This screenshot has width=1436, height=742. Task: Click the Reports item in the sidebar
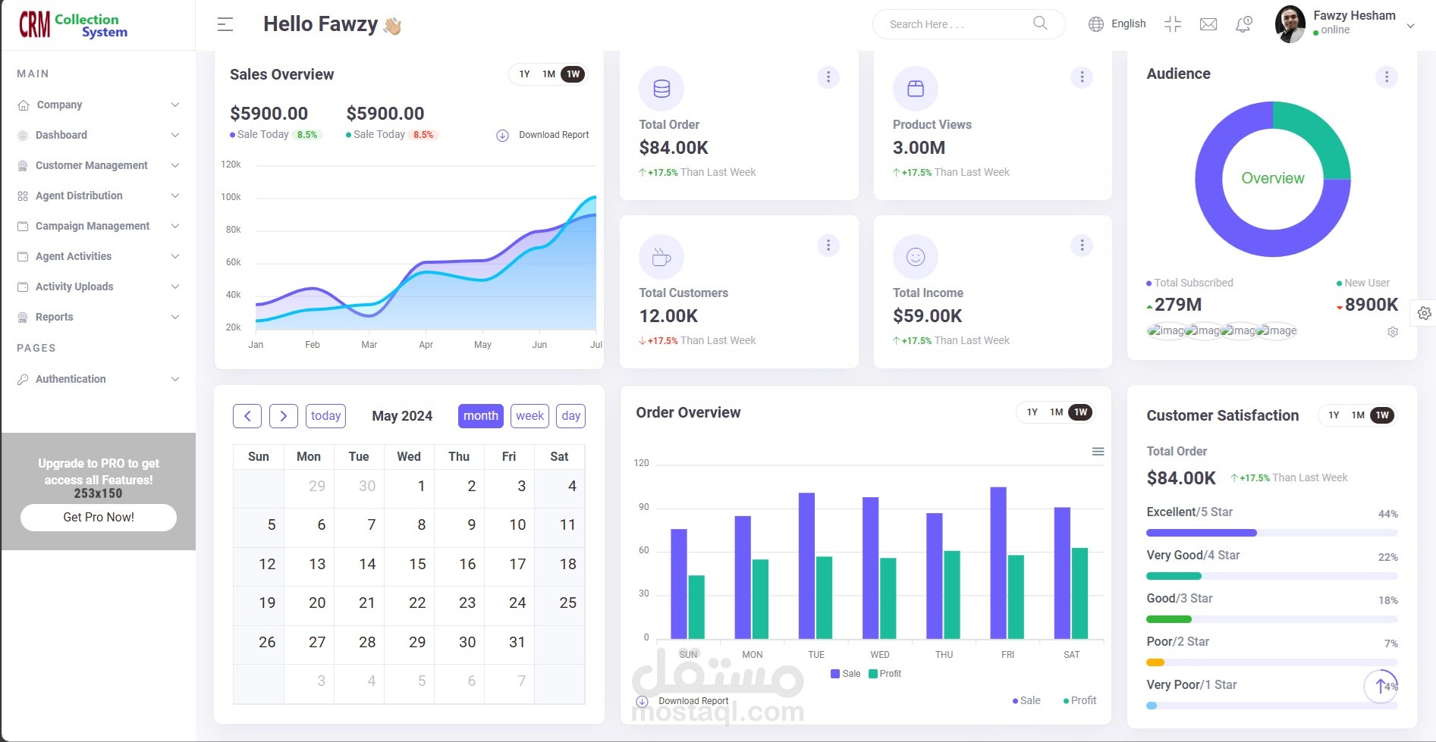pyautogui.click(x=55, y=317)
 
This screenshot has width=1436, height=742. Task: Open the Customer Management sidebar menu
pyautogui.click(x=91, y=165)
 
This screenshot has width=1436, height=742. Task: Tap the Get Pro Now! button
pyautogui.click(x=99, y=517)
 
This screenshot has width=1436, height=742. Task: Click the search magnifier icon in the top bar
pyautogui.click(x=1040, y=23)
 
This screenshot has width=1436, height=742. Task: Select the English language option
pyautogui.click(x=1127, y=23)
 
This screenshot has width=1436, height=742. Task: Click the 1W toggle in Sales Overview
pyautogui.click(x=573, y=74)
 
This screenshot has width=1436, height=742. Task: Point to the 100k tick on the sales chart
pyautogui.click(x=231, y=197)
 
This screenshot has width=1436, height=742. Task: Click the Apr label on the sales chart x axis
pyautogui.click(x=426, y=345)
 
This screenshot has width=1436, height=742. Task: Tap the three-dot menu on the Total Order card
pyautogui.click(x=828, y=77)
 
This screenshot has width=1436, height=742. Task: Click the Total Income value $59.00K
pyautogui.click(x=927, y=316)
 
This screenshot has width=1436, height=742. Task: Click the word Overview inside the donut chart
pyautogui.click(x=1272, y=178)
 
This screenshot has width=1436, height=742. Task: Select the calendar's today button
pyautogui.click(x=325, y=415)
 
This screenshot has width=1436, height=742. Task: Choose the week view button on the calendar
pyautogui.click(x=529, y=415)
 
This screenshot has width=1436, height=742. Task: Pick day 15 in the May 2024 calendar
pyautogui.click(x=417, y=564)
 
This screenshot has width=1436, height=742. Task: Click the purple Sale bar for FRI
pyautogui.click(x=998, y=562)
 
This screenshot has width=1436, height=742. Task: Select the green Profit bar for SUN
pyautogui.click(x=696, y=606)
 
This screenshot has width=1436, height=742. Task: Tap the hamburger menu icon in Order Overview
pyautogui.click(x=1098, y=452)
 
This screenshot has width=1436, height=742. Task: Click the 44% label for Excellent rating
pyautogui.click(x=1387, y=514)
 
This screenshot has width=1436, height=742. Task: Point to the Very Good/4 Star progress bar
pyautogui.click(x=1174, y=576)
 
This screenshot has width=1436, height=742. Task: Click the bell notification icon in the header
pyautogui.click(x=1243, y=24)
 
